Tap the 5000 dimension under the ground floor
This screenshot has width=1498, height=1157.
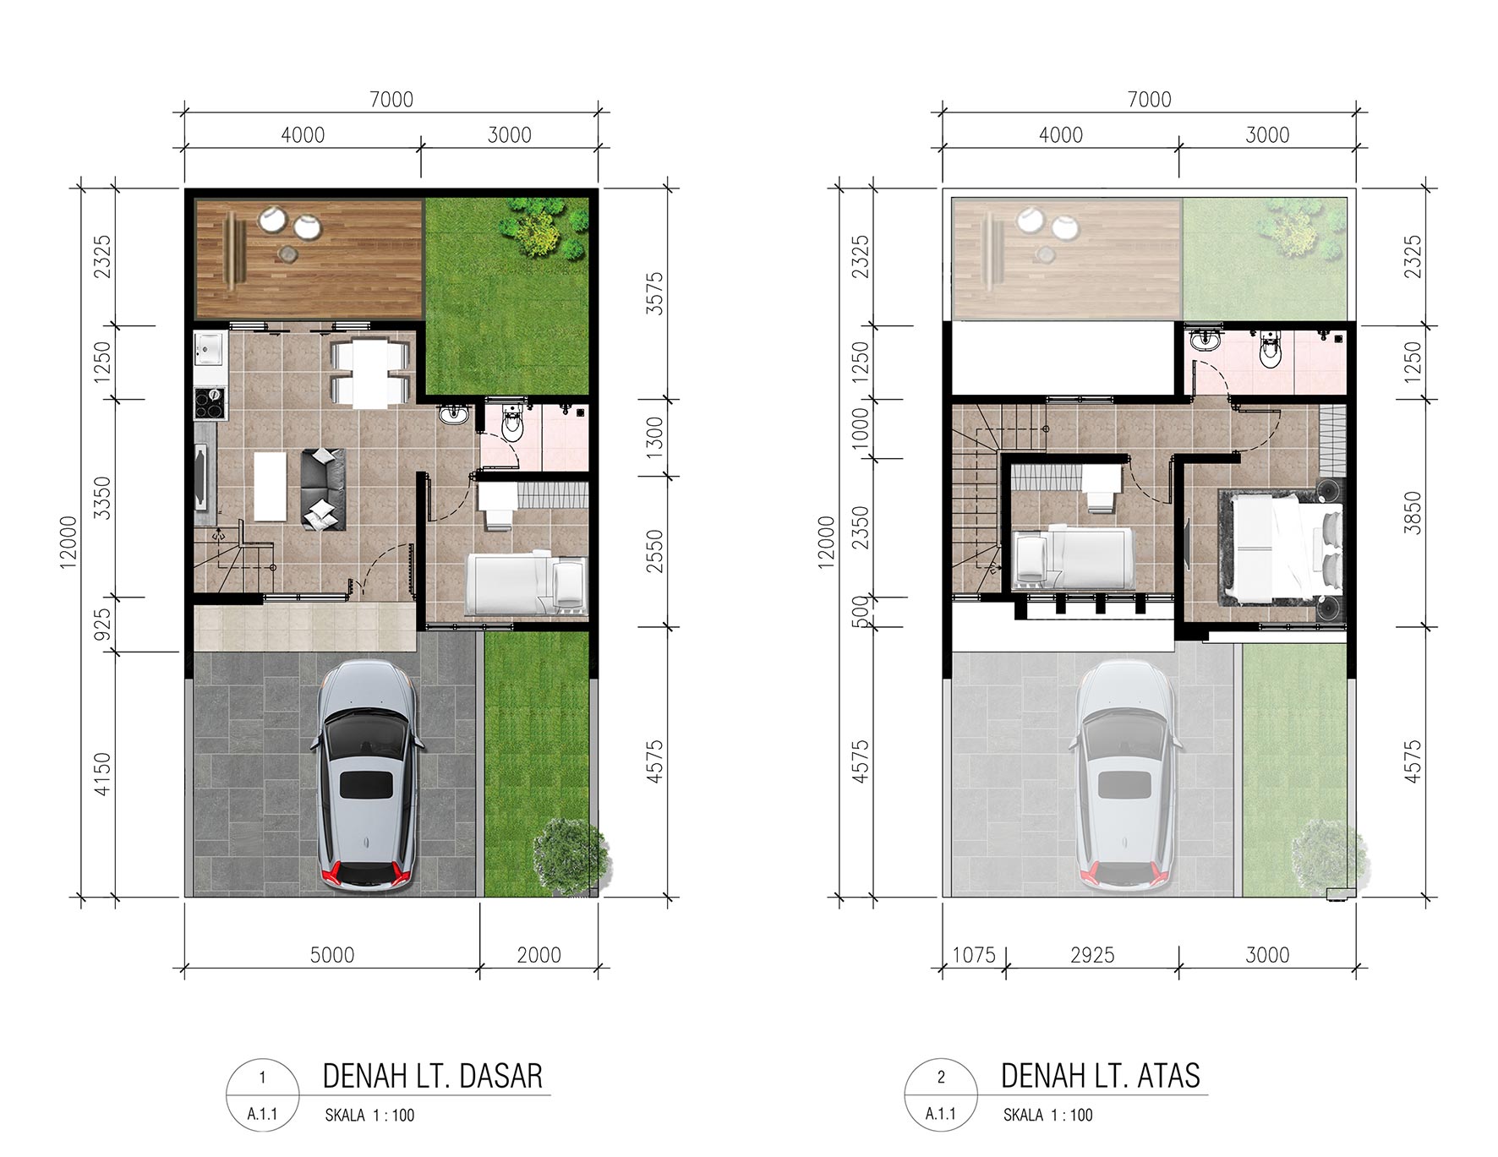click(x=332, y=955)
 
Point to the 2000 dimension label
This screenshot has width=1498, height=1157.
click(x=539, y=955)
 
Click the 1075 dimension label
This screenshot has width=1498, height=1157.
click(x=974, y=955)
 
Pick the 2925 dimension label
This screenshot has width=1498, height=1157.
click(x=1092, y=955)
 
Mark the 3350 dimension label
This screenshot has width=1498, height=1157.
click(x=101, y=498)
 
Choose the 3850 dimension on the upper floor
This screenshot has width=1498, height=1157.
click(x=1412, y=513)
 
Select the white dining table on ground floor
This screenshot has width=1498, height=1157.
click(x=369, y=373)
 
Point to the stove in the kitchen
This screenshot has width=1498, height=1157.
click(x=210, y=403)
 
